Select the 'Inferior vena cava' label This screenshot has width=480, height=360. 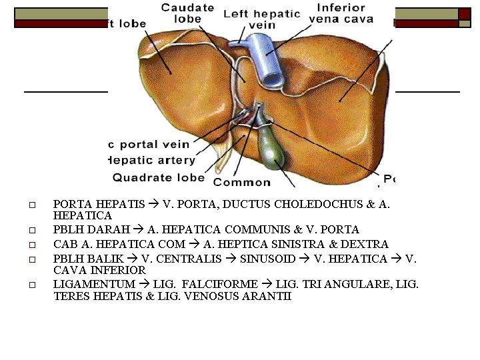(x=341, y=13)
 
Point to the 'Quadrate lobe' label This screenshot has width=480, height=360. (x=159, y=177)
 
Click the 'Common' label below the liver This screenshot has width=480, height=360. (x=242, y=182)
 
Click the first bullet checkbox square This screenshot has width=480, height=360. (x=30, y=205)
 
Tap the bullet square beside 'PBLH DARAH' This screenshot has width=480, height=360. (x=30, y=230)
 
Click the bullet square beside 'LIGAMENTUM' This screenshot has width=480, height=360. (x=30, y=285)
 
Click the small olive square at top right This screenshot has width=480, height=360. (x=464, y=23)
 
